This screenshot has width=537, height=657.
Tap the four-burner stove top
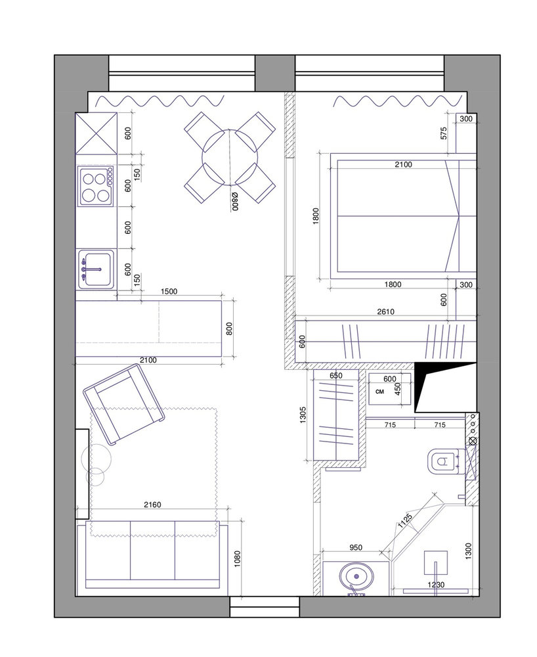pos(95,186)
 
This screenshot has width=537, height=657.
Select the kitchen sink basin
pos(96,269)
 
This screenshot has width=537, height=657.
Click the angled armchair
pos(123,404)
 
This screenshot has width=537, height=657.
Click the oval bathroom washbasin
pos(356,577)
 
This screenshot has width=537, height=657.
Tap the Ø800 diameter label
pos(235,200)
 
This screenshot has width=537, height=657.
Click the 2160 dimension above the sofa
pos(152,505)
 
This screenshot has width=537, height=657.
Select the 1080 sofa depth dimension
pos(238,559)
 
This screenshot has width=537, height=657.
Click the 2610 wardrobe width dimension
pos(385,311)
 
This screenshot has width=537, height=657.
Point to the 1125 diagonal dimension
pos(405,521)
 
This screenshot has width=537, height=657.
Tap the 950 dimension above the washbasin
pos(355,547)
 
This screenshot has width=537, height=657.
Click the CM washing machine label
pos(380,392)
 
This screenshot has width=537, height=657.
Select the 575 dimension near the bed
pos(444,133)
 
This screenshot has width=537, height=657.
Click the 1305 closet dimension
pos(303,415)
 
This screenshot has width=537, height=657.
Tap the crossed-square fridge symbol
pos(97,133)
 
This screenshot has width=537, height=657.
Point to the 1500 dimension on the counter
pos(169,292)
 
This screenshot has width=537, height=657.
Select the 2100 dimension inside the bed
pos(403,165)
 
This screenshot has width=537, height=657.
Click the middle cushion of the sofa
pos(152,550)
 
